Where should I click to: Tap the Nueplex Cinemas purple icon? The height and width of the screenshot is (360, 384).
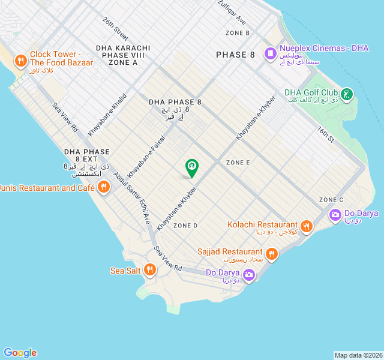coord(270,53)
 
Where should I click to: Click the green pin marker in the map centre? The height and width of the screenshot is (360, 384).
coord(191,167)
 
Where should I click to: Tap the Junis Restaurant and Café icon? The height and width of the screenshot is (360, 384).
coord(103,187)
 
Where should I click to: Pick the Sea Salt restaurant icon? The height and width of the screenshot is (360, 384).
coord(150,271)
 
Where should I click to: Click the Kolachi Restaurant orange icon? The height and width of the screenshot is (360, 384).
coord(307,226)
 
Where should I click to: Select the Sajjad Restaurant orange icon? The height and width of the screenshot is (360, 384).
coord(271,253)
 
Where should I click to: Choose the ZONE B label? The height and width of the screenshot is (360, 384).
coord(238,33)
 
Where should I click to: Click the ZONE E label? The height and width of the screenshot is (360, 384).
coord(238,163)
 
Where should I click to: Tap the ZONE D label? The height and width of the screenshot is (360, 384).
coord(185,226)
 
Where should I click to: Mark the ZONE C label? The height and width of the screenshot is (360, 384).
coord(331,200)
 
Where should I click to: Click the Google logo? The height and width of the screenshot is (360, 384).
coord(20,353)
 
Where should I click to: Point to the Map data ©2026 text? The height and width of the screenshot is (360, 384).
coord(358,355)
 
